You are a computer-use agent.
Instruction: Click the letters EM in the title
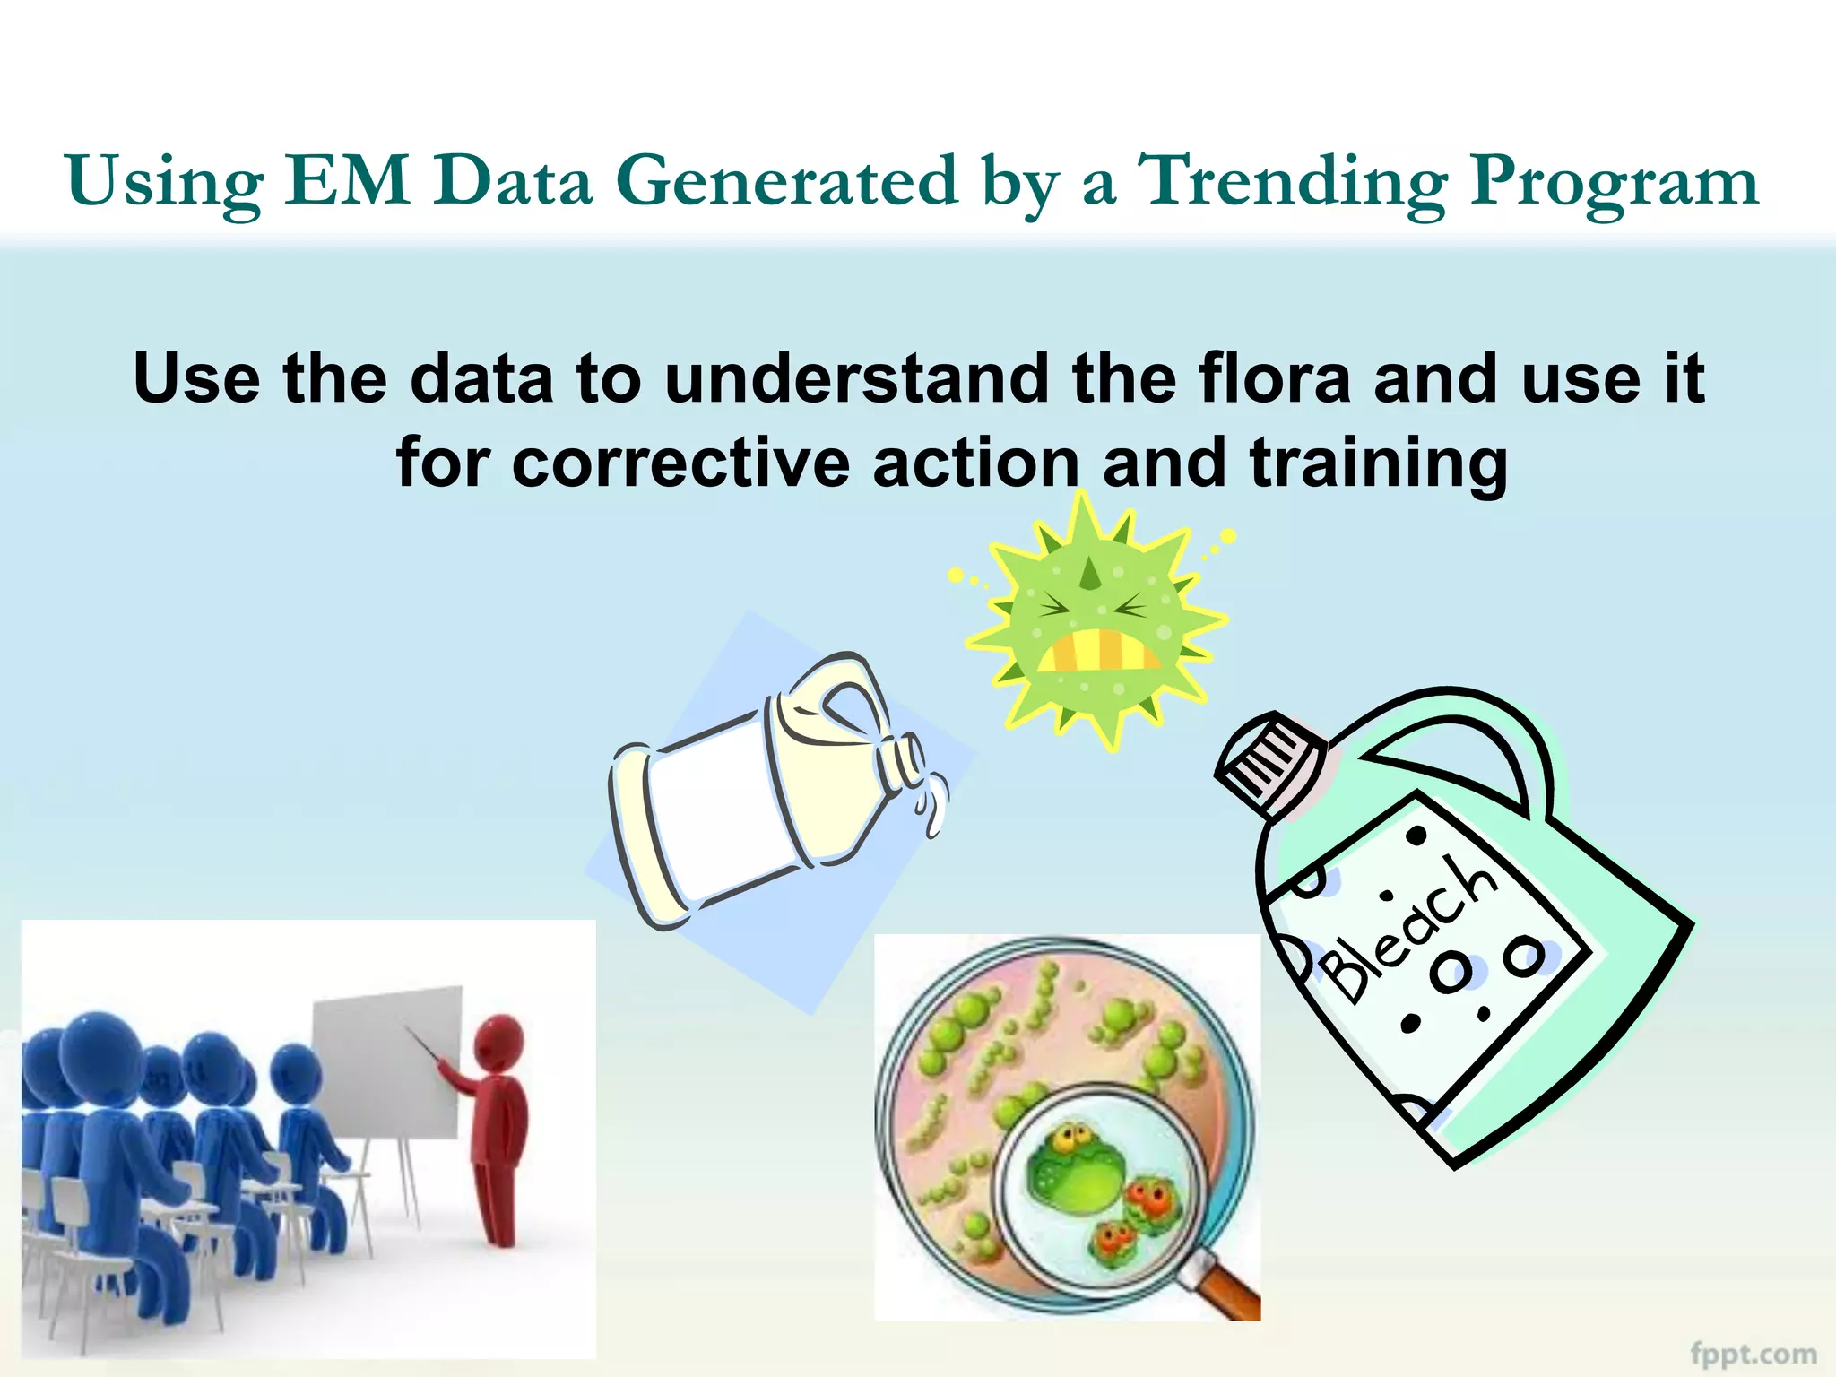tap(349, 182)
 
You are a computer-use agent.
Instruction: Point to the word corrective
tap(680, 463)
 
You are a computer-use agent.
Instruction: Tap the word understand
tap(856, 378)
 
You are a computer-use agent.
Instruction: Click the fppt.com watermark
tap(1753, 1352)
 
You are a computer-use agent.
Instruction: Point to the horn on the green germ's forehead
tap(1088, 574)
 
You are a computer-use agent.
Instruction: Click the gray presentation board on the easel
tap(385, 1062)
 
